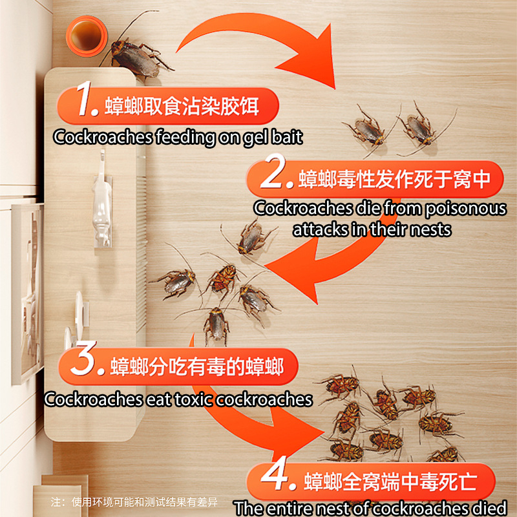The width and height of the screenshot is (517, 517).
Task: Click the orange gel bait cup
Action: click(x=87, y=36)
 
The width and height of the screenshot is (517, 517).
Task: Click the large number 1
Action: click(x=87, y=99)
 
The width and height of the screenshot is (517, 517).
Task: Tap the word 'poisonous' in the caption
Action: click(x=465, y=209)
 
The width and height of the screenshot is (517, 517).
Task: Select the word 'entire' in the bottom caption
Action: click(x=291, y=508)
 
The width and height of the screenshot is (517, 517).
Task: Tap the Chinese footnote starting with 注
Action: click(x=134, y=502)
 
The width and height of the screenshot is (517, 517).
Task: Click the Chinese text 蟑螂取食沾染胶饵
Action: click(x=182, y=106)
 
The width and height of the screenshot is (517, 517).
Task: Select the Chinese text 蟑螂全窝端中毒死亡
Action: click(x=390, y=481)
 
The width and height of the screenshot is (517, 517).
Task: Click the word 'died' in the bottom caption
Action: click(x=492, y=508)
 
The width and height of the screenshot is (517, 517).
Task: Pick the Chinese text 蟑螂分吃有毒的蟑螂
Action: click(x=197, y=366)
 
